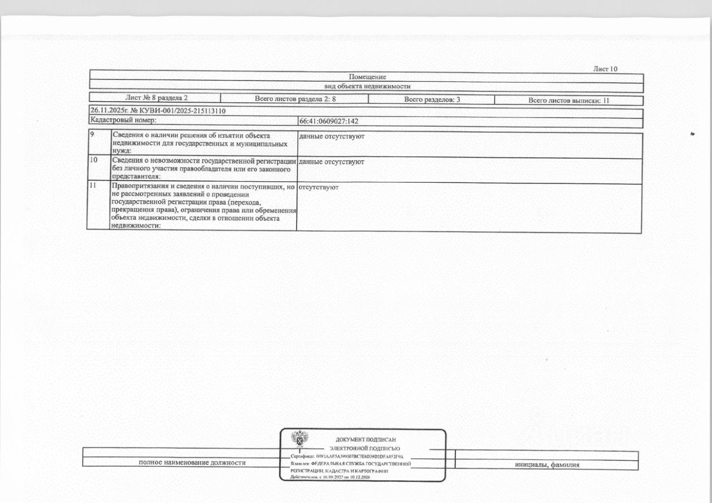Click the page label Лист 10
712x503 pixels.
(605, 69)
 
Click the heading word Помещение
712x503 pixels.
(367, 77)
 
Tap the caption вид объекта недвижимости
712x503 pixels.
(367, 86)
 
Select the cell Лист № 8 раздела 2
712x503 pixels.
(156, 98)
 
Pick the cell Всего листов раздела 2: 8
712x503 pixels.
(295, 99)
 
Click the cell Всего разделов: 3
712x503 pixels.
(432, 99)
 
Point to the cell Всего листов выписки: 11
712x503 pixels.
(568, 101)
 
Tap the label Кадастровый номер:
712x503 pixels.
(123, 119)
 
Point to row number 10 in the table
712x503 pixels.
(93, 160)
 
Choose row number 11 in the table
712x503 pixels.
(93, 186)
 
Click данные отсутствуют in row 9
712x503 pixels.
(332, 136)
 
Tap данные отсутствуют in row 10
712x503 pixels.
(332, 162)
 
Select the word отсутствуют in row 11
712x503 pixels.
(318, 187)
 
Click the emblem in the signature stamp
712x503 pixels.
(301, 439)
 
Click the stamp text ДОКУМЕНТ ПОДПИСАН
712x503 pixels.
(365, 440)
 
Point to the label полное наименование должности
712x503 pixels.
(192, 462)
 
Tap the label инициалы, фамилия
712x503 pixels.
(547, 465)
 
